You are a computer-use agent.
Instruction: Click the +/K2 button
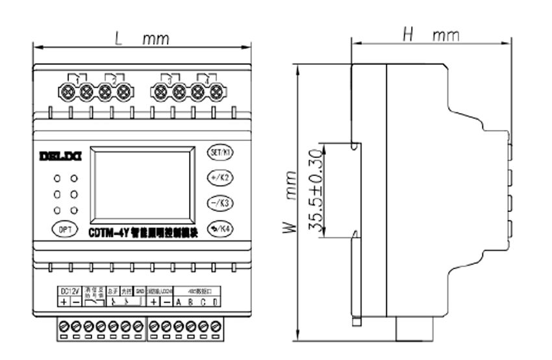220,177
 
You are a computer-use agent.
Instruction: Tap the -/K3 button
220,202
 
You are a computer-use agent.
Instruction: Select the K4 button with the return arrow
220,228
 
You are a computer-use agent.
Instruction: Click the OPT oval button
64,229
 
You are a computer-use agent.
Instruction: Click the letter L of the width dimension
118,38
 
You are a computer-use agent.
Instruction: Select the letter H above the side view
408,35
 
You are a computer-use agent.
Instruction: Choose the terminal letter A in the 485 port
179,302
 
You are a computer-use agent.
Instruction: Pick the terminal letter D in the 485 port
216,302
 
